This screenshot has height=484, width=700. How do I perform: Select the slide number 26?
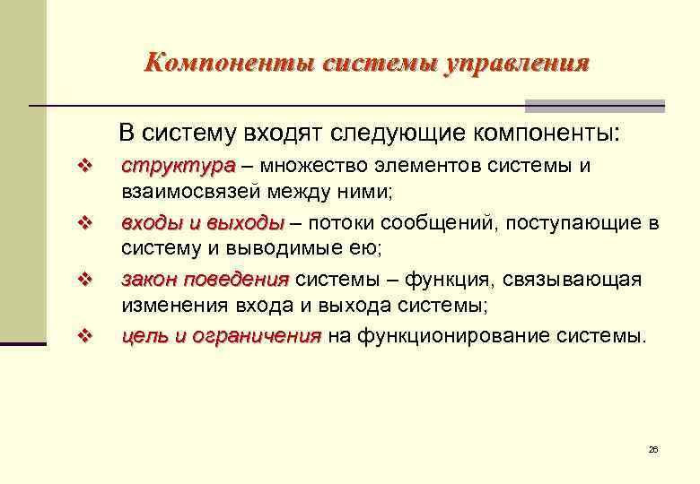coord(652,449)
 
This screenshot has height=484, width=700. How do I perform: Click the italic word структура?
coord(177,166)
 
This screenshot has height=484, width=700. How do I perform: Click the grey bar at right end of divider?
coord(594,105)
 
